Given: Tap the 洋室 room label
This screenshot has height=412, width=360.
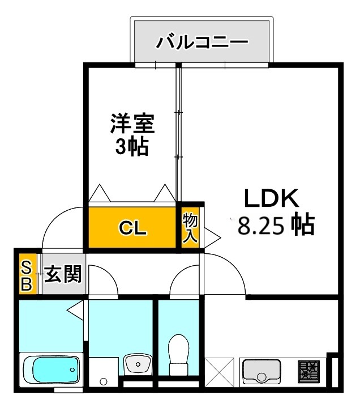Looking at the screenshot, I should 132,122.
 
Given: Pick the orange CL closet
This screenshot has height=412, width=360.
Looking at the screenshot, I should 132,228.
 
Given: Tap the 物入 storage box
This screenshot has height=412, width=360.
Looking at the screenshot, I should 190,228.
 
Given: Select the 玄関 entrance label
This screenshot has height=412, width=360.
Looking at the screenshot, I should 63,275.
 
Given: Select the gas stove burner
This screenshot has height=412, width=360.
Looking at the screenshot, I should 309,371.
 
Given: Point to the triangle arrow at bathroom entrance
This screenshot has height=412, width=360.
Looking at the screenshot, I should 76,309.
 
